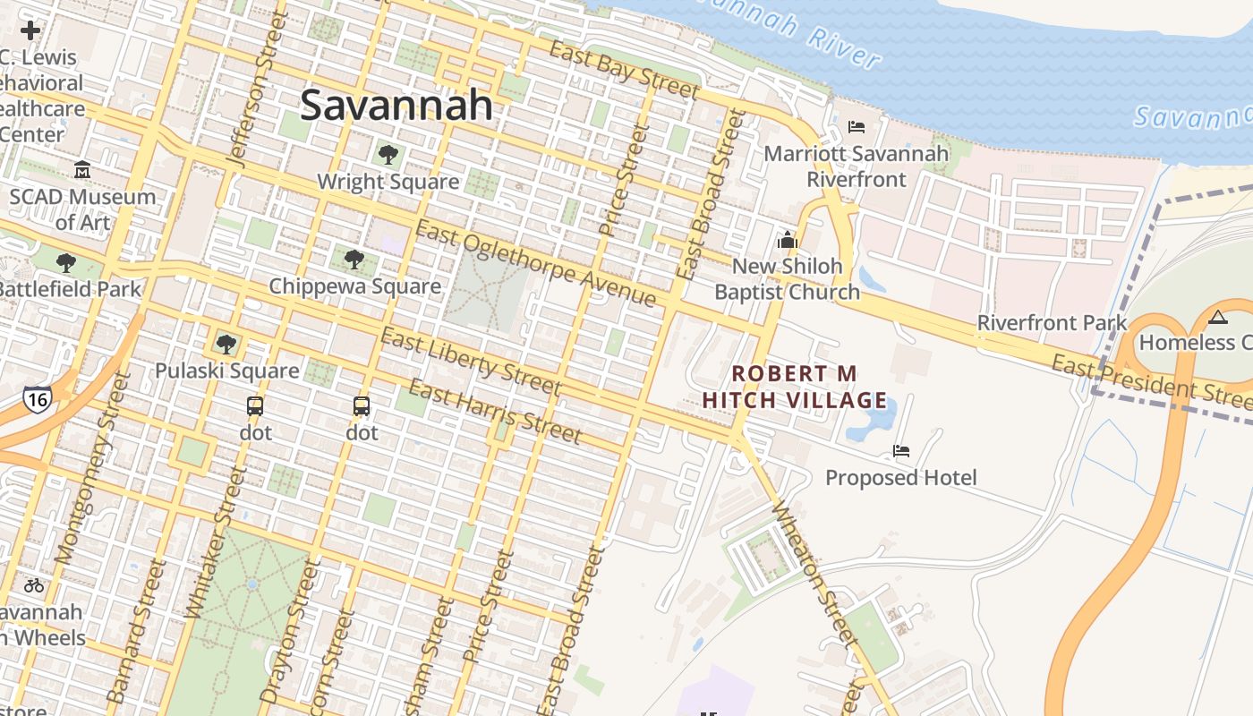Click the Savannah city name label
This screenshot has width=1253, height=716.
click(x=396, y=105)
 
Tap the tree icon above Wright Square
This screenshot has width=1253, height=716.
click(x=388, y=155)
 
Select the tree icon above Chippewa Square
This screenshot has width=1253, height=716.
click(x=354, y=260)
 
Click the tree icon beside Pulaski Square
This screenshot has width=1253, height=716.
click(x=226, y=344)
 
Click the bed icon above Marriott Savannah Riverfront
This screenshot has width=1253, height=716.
click(x=857, y=127)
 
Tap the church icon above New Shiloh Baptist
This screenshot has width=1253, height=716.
click(x=788, y=240)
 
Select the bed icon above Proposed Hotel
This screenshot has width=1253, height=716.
click(x=901, y=451)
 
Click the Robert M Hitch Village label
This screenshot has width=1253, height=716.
click(x=795, y=387)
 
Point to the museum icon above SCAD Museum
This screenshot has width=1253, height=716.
click(x=82, y=169)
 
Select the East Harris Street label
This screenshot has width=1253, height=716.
click(x=495, y=412)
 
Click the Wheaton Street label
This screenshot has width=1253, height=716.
click(x=815, y=573)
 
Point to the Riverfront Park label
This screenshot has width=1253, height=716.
click(x=1052, y=322)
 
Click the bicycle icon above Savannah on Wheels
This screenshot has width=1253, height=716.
click(x=34, y=585)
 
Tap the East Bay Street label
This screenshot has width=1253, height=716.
click(x=624, y=70)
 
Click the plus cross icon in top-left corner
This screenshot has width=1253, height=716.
click(x=30, y=30)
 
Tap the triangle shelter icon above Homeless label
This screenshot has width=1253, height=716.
click(x=1217, y=317)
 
